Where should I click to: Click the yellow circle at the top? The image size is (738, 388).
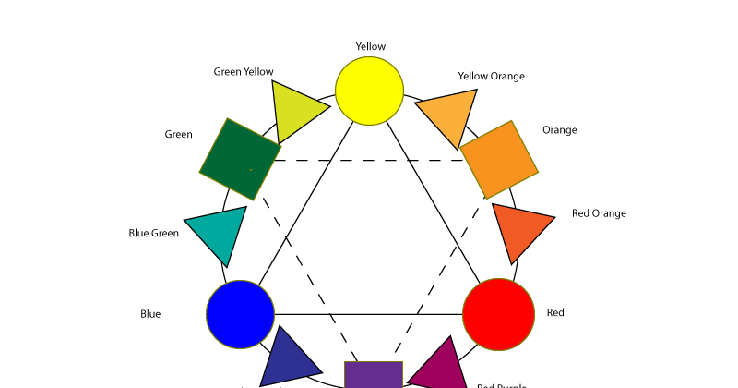coord(369,90)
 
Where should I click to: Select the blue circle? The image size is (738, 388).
coord(240,314)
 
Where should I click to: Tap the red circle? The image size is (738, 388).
coord(498,314)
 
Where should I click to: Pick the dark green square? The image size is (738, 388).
coord(240,159)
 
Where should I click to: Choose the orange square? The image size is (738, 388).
coord(499,159)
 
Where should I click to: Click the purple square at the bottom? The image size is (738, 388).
coord(374,375)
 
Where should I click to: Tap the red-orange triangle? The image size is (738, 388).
coord(518,229)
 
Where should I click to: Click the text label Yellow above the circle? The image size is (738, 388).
coord(371,46)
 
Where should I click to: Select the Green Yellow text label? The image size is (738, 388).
coord(244,71)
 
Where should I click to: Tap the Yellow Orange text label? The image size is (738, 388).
coord(491,76)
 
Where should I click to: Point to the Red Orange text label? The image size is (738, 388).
coord(599,213)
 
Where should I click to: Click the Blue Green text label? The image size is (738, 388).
coord(153,233)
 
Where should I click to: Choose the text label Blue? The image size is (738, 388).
coord(150,314)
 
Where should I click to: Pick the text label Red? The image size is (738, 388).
coord(555,312)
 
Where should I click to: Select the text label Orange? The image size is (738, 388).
coord(560,130)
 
